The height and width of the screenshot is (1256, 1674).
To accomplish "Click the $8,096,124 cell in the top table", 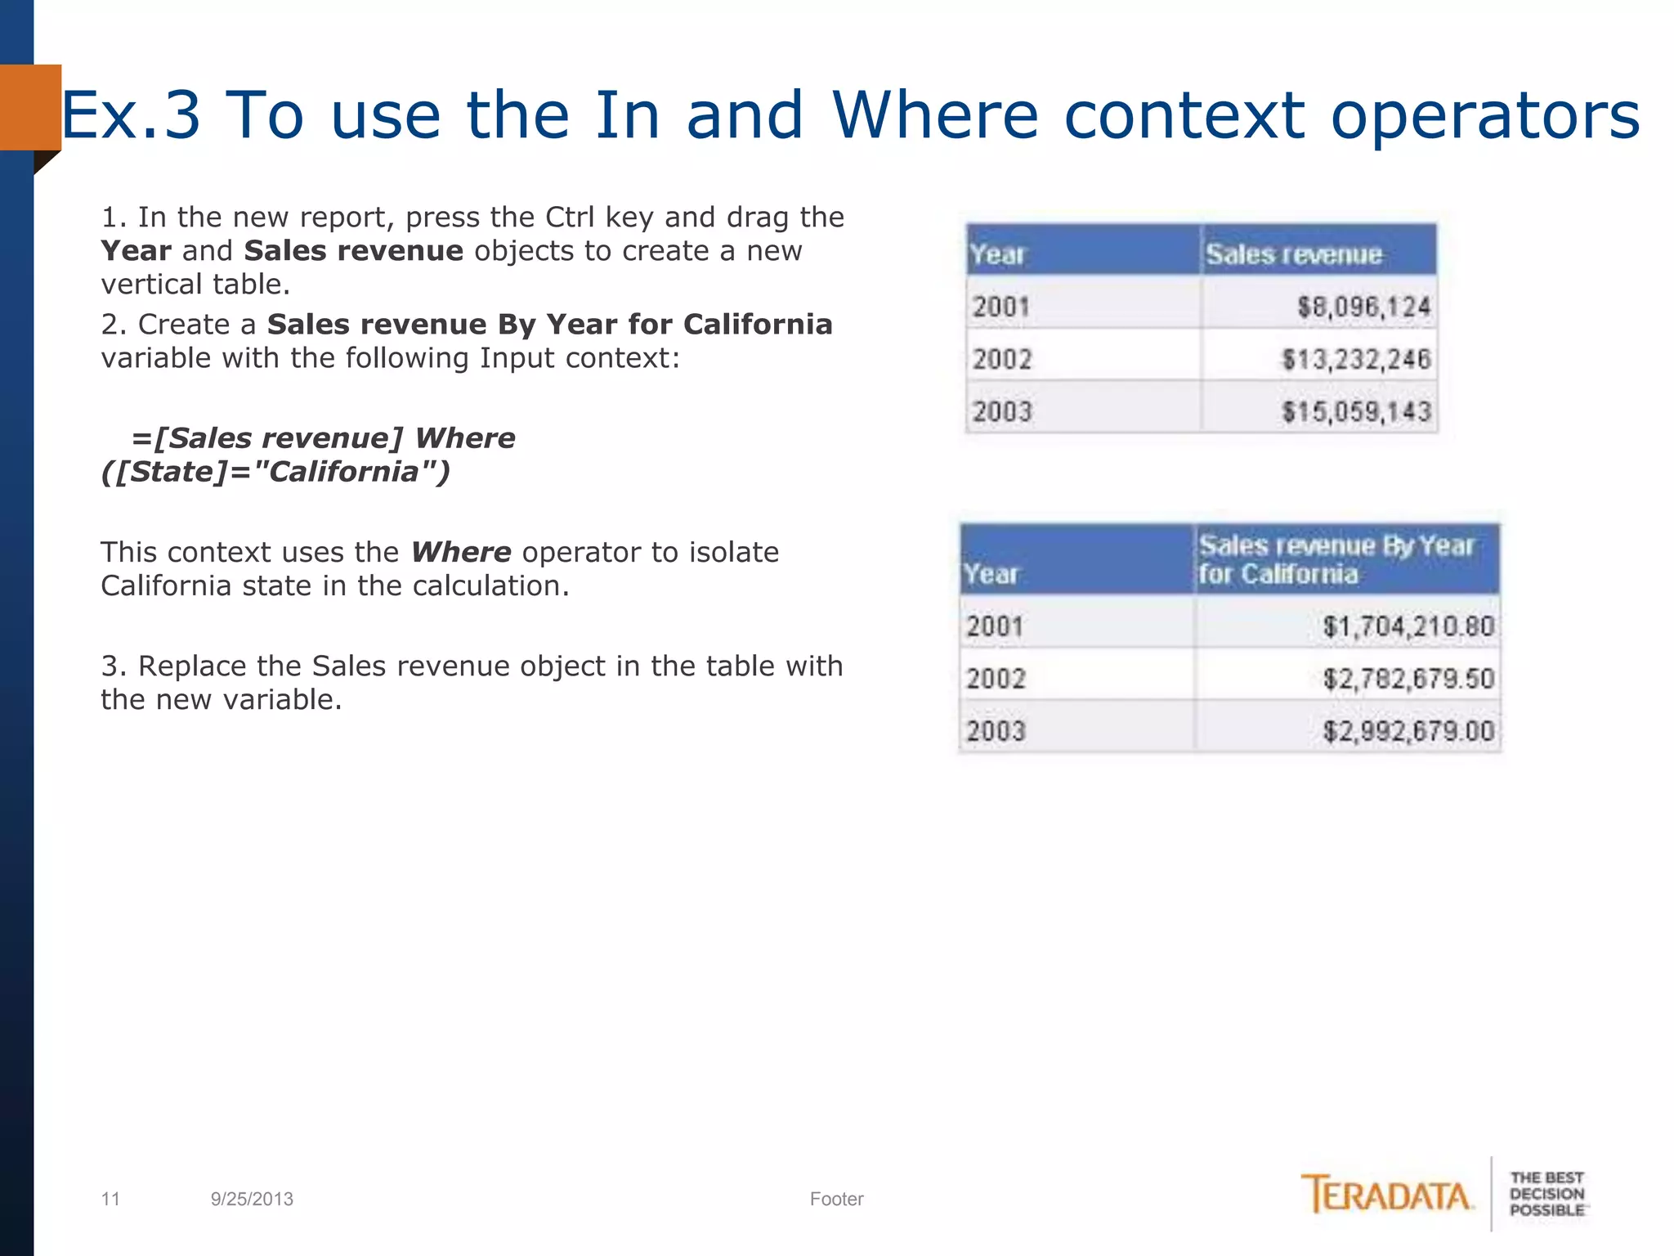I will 1363,307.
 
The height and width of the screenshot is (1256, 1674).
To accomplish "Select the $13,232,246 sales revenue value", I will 1355,359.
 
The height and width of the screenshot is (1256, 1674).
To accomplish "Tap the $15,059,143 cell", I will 1355,411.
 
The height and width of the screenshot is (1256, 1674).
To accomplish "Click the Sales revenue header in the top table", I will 1294,254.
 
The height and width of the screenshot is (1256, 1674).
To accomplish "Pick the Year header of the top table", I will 996,254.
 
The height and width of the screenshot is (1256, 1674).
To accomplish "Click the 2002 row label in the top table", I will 1002,359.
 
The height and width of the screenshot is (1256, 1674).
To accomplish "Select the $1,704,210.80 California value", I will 1408,626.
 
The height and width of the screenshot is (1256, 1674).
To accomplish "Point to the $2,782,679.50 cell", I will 1408,679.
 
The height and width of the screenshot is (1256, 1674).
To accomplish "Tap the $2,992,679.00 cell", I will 1408,731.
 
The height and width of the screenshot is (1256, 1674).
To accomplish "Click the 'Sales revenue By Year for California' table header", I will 1336,559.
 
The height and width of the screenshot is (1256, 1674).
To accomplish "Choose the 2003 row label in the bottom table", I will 996,731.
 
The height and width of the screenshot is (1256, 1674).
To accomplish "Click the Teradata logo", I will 1387,1195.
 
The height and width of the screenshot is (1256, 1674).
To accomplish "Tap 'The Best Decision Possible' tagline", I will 1546,1194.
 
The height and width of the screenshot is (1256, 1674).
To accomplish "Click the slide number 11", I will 110,1199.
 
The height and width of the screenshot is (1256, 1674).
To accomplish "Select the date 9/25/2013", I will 252,1199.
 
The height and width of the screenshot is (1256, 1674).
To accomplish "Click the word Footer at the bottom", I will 836,1199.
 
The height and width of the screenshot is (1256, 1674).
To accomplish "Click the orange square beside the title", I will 30,107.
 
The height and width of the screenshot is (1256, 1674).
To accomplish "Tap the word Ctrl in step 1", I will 571,218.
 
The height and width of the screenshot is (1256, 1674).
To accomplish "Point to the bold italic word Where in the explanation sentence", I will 461,553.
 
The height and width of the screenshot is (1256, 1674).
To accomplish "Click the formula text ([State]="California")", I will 275,472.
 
